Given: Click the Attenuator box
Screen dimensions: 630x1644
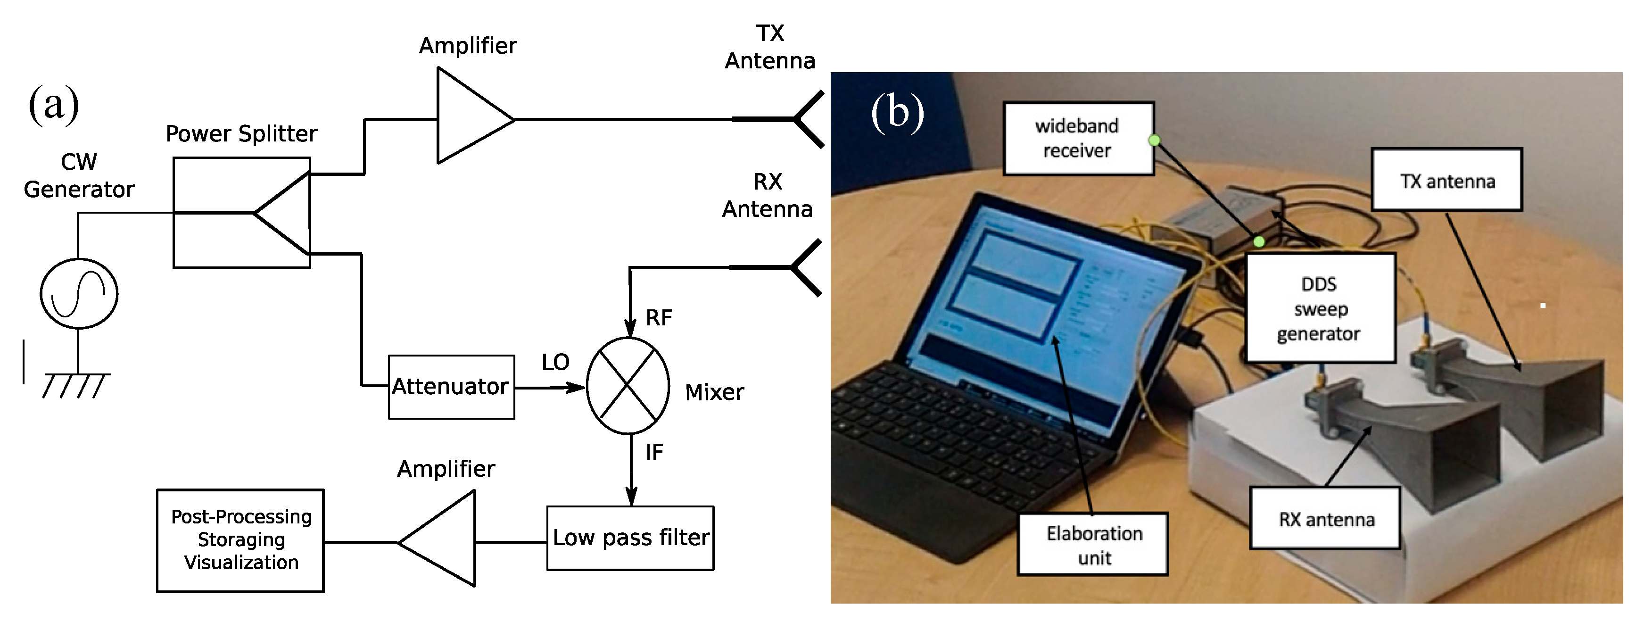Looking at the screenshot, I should point(451,387).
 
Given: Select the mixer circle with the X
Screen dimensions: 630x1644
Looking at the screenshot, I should point(628,386).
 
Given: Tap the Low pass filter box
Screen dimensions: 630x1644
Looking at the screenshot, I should point(630,538).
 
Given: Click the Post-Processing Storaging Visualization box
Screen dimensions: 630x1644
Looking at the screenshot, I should point(240,540).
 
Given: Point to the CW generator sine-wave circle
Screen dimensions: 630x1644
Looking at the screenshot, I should point(79,294).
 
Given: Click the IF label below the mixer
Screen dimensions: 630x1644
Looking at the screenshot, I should point(654,453).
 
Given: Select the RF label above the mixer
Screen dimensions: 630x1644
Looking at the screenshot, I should point(659,318).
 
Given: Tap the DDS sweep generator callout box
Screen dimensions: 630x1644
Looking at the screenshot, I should point(1320,308).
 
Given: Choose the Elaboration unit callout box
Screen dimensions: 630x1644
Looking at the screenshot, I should point(1093,545).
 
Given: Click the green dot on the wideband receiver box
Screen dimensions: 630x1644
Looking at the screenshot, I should point(1154,140).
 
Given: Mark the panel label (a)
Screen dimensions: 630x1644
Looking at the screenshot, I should point(54,104).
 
